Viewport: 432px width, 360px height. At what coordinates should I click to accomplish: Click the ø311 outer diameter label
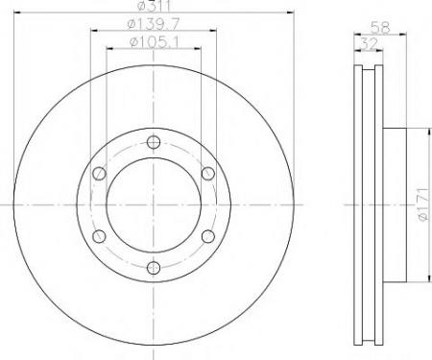[x=154, y=5]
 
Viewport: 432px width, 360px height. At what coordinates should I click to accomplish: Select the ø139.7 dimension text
[x=154, y=24]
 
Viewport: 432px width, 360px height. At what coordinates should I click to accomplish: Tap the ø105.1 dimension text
[x=154, y=41]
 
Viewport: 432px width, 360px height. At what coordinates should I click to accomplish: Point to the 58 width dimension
[x=380, y=28]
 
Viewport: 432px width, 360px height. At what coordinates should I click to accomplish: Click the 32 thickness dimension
[x=369, y=43]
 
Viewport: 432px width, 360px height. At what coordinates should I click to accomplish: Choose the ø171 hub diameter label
[x=423, y=204]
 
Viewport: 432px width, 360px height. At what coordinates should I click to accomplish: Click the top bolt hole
[x=154, y=142]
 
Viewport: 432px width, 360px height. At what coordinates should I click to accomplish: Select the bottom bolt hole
[x=154, y=268]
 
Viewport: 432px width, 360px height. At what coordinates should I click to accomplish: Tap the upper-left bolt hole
[x=99, y=173]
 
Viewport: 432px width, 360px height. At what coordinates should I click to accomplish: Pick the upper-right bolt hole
[x=208, y=173]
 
